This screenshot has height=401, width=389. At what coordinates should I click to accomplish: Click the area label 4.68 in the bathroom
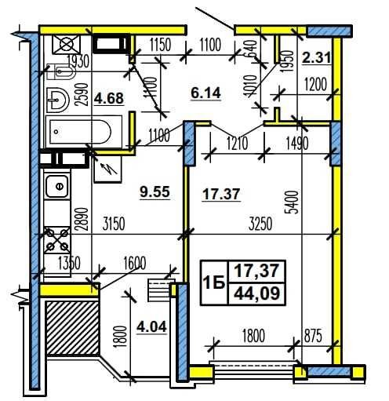point(109,98)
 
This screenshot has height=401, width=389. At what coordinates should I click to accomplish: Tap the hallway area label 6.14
point(205,93)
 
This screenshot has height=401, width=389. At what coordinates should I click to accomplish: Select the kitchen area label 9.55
point(155,192)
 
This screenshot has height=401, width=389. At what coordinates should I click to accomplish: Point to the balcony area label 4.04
point(151,326)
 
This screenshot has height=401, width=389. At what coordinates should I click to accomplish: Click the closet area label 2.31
point(316,57)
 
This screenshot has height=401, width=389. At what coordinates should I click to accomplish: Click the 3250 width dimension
point(260,224)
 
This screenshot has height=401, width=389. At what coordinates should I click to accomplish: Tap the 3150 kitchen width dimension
point(114,224)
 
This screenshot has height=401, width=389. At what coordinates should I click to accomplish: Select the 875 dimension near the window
point(313,336)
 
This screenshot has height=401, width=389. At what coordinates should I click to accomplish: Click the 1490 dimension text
point(297,144)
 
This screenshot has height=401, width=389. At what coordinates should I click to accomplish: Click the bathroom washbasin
point(57,100)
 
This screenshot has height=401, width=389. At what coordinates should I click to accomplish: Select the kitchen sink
point(57,186)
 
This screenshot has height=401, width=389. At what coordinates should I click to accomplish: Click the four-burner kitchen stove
point(57,240)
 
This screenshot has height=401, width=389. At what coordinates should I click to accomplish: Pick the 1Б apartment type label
point(214,283)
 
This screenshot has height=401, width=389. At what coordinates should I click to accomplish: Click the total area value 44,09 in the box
point(256,293)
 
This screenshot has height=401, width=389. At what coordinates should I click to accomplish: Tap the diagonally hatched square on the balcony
point(72,328)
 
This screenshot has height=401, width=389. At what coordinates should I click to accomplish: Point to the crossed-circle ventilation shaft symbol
point(66,44)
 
